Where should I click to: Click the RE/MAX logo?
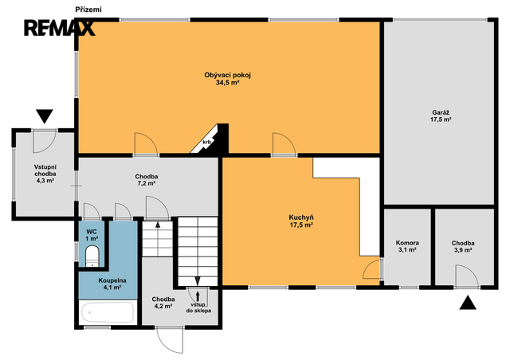(x=60, y=28)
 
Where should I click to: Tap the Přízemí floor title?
(x=88, y=10)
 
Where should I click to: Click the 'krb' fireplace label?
(x=207, y=142)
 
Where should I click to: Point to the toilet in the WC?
(x=92, y=256)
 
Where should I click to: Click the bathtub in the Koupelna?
(x=108, y=312)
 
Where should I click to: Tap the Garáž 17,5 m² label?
(x=441, y=116)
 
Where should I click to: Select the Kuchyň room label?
(x=301, y=221)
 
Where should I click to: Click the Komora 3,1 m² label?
(x=407, y=246)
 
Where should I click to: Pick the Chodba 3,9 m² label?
(x=463, y=246)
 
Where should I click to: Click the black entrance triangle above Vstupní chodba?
(x=45, y=116)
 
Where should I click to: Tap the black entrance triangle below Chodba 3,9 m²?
(x=468, y=302)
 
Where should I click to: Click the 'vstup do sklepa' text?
(x=198, y=307)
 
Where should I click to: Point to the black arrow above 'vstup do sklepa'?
(x=198, y=296)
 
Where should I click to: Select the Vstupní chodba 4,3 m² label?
(x=45, y=174)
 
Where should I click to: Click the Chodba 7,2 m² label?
(x=147, y=180)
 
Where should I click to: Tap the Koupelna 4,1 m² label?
(x=112, y=284)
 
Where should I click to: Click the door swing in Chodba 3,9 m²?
(x=467, y=276)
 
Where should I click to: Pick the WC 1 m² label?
(x=92, y=235)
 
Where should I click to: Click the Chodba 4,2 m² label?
(x=163, y=303)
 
